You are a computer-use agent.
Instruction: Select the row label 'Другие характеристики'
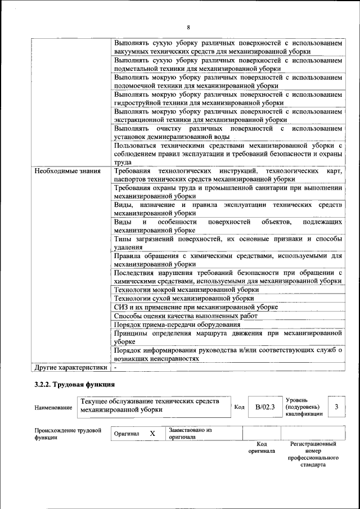pyautogui.click(x=70, y=368)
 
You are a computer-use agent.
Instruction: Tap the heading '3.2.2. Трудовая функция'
pyautogui.click(x=74, y=385)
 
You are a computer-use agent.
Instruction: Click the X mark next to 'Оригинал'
pyautogui.click(x=152, y=434)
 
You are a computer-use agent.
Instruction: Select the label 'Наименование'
pyautogui.click(x=53, y=407)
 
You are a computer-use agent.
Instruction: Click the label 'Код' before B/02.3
pyautogui.click(x=238, y=407)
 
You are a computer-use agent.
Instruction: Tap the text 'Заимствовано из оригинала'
pyautogui.click(x=190, y=433)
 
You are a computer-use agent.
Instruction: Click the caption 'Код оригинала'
pyautogui.click(x=262, y=447)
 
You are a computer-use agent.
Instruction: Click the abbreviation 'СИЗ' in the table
pyautogui.click(x=121, y=307)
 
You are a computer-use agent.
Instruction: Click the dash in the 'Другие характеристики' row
pyautogui.click(x=115, y=368)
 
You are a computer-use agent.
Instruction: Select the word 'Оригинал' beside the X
pyautogui.click(x=127, y=434)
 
